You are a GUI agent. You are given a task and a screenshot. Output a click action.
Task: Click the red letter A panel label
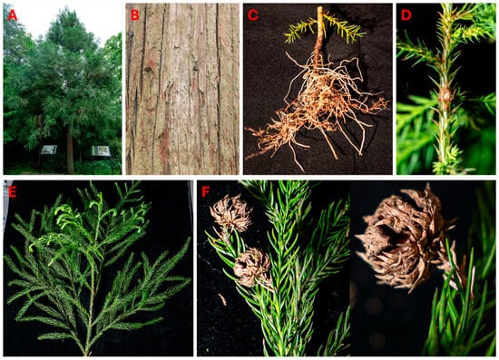coord(12,15)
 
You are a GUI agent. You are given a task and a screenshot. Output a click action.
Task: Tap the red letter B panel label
coord(135,15)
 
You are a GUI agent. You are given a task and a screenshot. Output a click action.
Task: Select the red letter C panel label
coord(253,15)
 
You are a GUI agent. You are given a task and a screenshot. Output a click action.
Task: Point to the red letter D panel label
coord(406,15)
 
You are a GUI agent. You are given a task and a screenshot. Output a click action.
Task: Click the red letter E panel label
coord(12,192)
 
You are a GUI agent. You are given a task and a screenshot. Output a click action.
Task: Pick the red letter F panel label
coord(206,192)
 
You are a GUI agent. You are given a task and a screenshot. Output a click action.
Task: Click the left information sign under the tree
coord(49,150)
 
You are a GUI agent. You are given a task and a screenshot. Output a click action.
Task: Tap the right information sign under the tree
coord(101,151)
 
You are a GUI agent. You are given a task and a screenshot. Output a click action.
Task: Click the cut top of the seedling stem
coord(320,8)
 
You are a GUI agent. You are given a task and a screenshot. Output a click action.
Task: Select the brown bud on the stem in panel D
coord(445,95)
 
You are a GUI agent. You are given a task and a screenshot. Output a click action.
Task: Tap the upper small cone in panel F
coord(230,213)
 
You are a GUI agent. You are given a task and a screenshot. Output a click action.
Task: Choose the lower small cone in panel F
coord(252,268)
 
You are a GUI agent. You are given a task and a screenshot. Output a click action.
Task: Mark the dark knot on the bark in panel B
coord(147,69)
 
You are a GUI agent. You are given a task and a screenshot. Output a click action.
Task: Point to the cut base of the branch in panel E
coord(86,353)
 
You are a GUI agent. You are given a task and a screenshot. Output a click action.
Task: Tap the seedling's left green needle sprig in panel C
coord(300,32)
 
